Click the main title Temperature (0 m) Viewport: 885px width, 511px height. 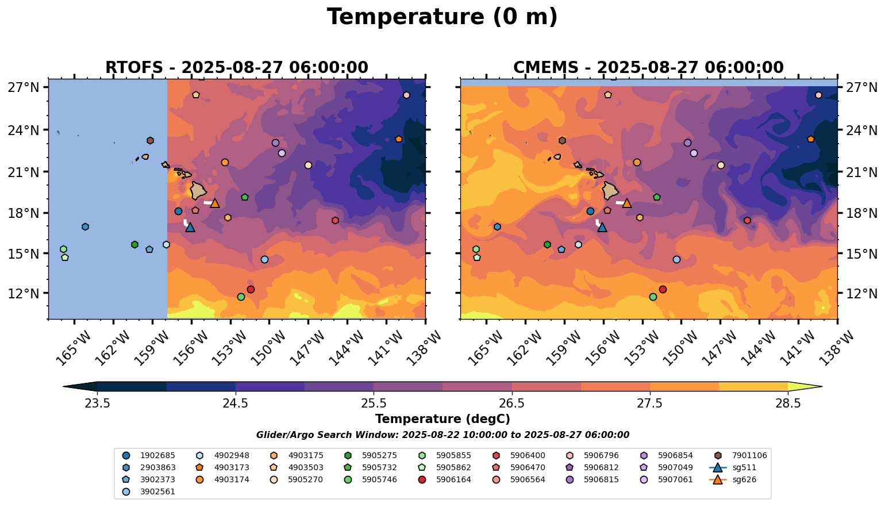[x=442, y=17]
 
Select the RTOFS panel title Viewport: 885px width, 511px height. [x=236, y=68]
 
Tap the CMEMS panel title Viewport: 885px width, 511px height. [x=648, y=68]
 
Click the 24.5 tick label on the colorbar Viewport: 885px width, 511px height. [x=236, y=403]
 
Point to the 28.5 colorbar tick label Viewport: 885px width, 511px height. [x=788, y=403]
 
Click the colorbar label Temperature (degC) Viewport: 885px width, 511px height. [x=442, y=419]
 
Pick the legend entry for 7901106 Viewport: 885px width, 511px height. [x=741, y=455]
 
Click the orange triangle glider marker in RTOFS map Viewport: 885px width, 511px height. [x=215, y=203]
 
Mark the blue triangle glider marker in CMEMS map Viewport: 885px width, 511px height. [x=602, y=227]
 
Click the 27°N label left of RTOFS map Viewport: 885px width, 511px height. [x=24, y=87]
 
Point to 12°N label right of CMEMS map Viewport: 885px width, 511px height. [x=861, y=294]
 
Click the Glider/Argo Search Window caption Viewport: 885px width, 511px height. [x=442, y=435]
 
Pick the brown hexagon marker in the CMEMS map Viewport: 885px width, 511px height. [x=562, y=140]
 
